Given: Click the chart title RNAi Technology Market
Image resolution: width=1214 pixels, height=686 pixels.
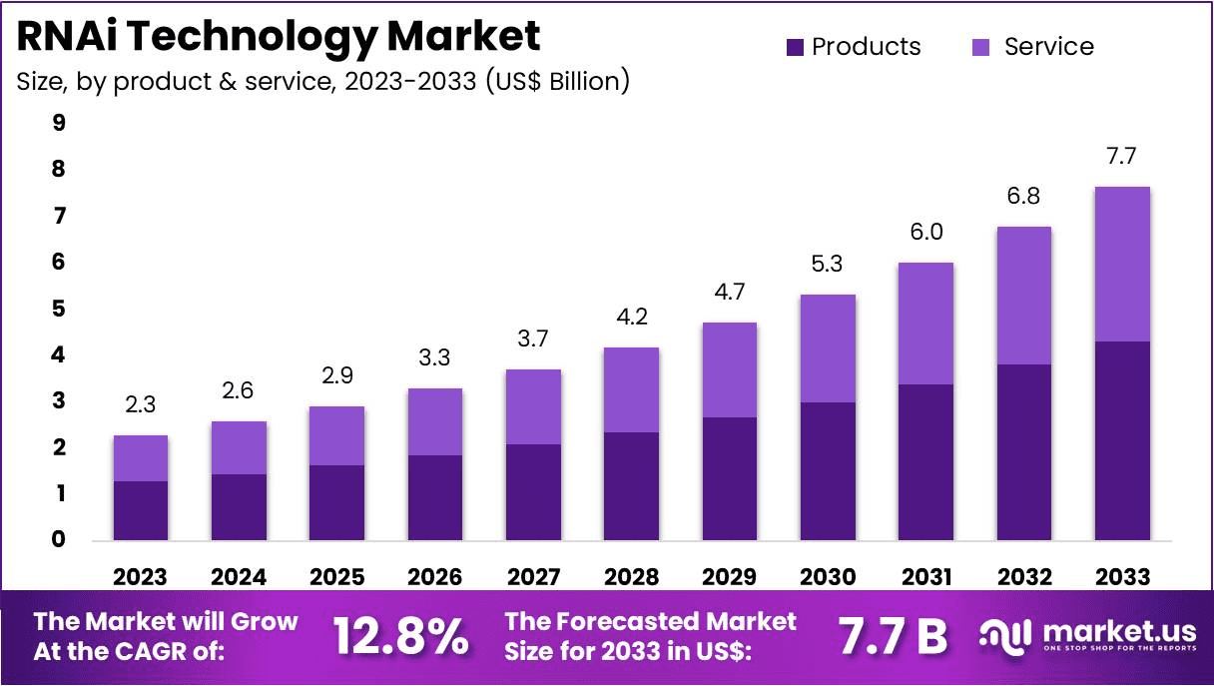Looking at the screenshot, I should click(279, 36).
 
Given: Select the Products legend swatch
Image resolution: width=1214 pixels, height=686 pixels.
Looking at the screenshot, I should click(795, 47).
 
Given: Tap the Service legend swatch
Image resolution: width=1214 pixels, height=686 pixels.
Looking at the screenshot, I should click(981, 47).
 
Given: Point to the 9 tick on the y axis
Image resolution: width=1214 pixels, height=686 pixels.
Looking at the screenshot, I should click(59, 123).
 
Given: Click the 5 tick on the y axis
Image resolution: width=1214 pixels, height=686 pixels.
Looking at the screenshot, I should click(59, 309).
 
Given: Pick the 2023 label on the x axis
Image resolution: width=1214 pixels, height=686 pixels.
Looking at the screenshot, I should click(140, 577).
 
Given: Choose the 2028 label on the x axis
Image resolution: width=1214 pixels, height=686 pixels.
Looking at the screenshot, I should click(630, 577).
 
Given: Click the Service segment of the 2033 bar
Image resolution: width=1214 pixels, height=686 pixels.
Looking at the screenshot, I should click(1122, 264).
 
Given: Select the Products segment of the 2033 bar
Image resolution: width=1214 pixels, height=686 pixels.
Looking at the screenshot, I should click(1122, 440).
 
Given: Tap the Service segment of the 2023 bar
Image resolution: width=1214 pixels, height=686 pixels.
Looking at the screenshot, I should click(140, 458).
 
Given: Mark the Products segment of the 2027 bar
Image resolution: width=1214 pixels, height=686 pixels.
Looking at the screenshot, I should click(532, 492).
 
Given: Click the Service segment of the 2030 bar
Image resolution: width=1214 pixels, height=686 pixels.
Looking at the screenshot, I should click(827, 348).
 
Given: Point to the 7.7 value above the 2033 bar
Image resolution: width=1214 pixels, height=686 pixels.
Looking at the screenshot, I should click(1122, 158).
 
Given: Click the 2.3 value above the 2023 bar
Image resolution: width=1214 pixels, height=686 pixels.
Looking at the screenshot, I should click(140, 405).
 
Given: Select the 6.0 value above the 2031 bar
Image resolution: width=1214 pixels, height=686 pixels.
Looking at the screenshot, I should click(925, 233).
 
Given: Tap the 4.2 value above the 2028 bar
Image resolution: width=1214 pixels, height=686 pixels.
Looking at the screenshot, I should click(630, 319).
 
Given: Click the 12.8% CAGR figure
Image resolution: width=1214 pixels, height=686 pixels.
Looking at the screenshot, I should click(400, 636).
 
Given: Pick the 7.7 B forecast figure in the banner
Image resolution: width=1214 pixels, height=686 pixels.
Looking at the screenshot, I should click(892, 636).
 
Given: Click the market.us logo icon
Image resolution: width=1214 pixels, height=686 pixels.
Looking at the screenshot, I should click(1006, 635).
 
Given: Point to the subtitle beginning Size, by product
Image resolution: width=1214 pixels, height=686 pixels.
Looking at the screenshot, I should click(322, 81).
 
